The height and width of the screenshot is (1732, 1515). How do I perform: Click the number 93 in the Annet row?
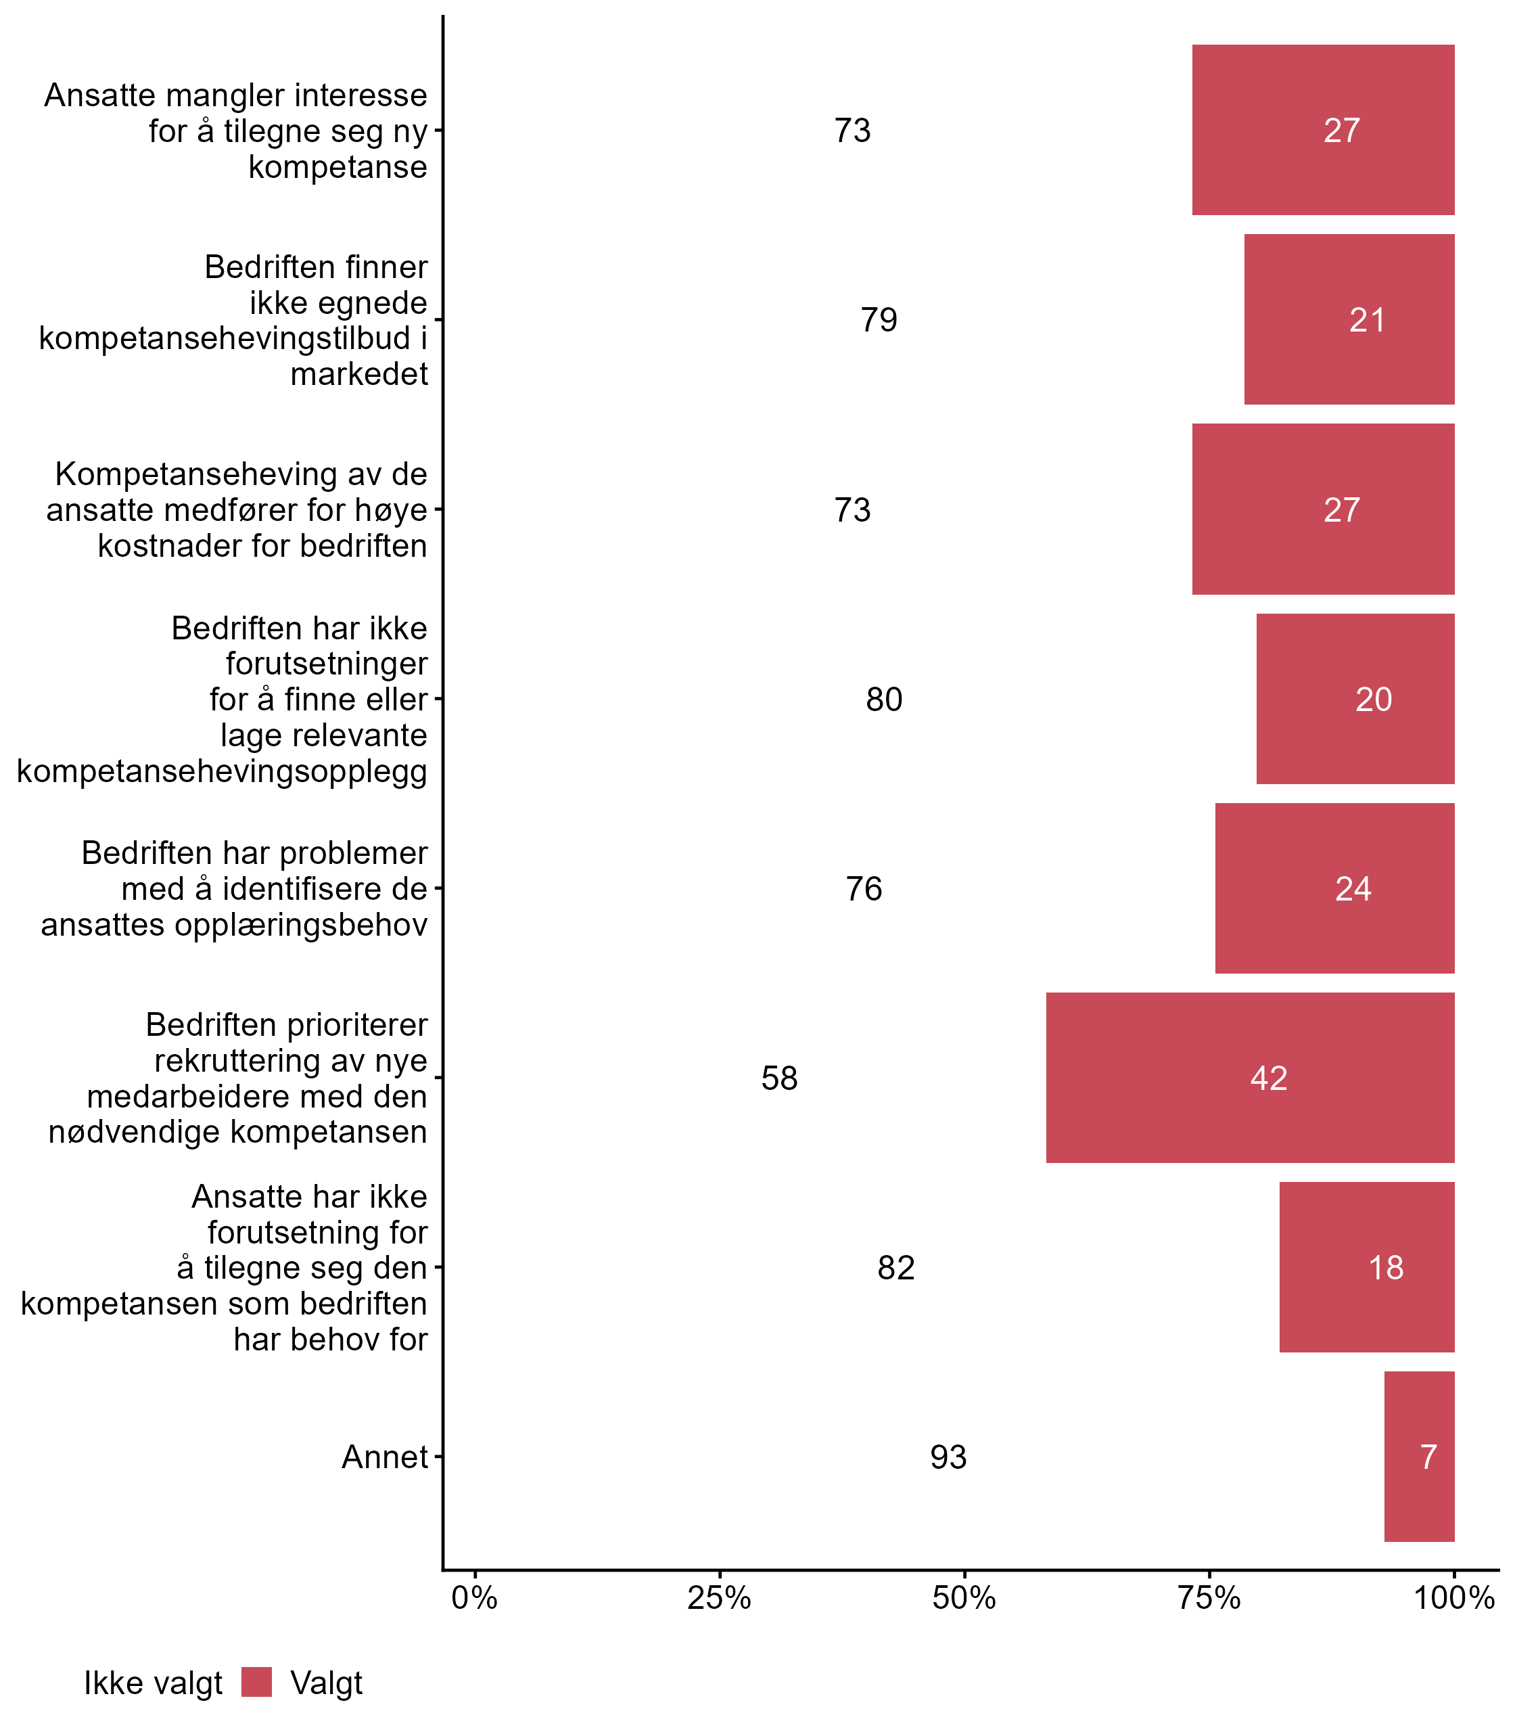click(x=948, y=1457)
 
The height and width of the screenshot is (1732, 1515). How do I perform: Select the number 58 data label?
click(x=778, y=1078)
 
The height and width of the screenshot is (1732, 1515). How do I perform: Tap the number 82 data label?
click(x=895, y=1268)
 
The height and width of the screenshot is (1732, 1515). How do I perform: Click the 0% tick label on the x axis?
click(x=474, y=1598)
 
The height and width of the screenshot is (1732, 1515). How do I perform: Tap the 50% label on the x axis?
click(x=964, y=1598)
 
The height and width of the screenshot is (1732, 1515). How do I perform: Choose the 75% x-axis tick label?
click(x=1209, y=1598)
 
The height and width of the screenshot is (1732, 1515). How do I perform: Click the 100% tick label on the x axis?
click(x=1454, y=1598)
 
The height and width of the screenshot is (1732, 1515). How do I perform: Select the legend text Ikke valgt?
click(x=153, y=1683)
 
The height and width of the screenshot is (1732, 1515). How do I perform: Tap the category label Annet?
click(x=385, y=1457)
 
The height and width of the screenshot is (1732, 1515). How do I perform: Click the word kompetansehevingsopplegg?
click(x=223, y=771)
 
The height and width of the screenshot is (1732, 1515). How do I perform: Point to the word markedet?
click(x=359, y=373)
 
